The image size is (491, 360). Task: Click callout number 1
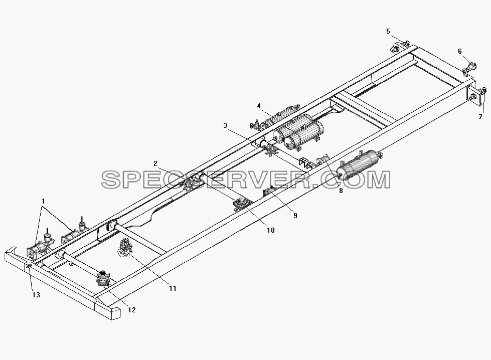(44, 201)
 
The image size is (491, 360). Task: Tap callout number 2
(155, 163)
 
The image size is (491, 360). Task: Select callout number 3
(225, 125)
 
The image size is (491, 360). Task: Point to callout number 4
(259, 106)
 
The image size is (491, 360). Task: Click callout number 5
(388, 31)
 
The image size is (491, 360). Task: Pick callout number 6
(460, 51)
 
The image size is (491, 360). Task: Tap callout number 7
(480, 117)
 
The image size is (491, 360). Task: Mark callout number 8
(341, 191)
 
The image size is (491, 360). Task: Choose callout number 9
(295, 216)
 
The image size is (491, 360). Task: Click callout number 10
(270, 231)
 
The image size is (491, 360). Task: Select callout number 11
(173, 288)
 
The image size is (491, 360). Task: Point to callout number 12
(132, 310)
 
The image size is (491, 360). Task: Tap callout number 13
(36, 295)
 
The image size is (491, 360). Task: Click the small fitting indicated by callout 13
(29, 266)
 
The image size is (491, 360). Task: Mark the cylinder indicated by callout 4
(275, 117)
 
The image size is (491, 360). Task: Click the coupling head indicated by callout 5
(399, 47)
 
